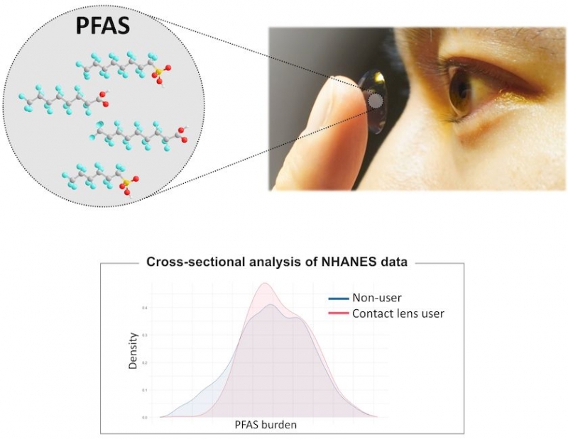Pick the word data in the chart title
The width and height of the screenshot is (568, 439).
tap(393, 262)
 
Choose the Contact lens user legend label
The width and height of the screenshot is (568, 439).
tap(398, 313)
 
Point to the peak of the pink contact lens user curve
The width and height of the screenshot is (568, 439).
tap(265, 284)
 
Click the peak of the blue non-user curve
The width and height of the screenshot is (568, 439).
tap(271, 305)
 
